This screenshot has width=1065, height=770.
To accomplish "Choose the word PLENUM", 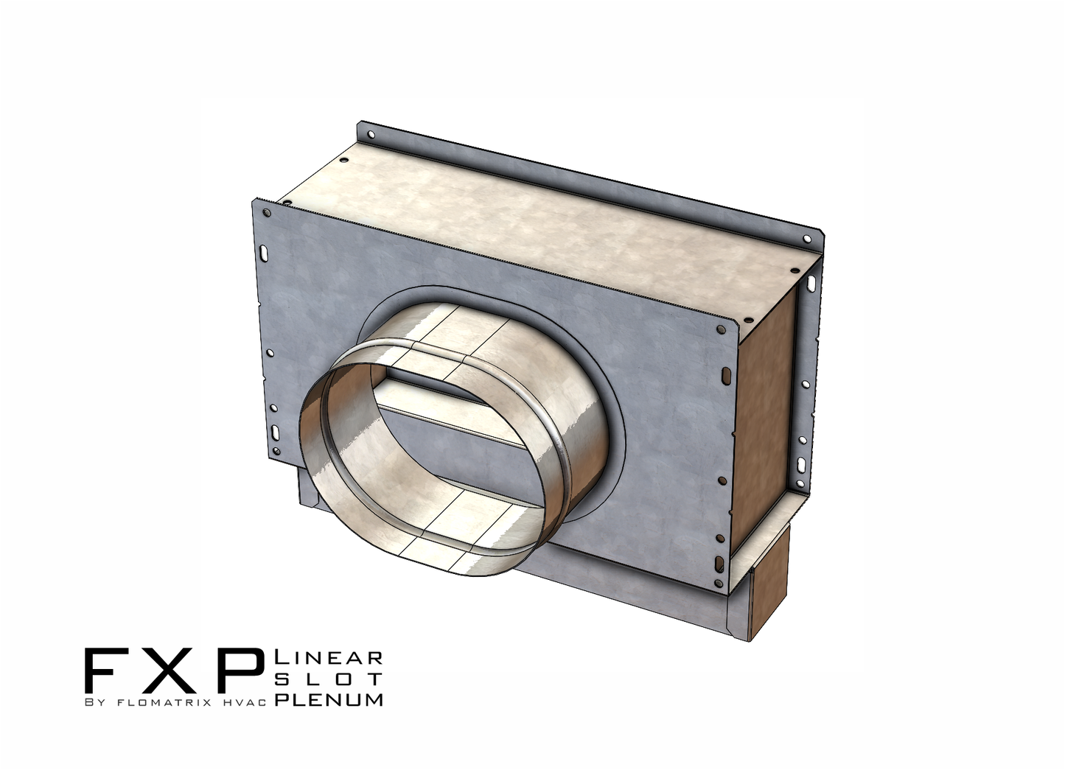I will pyautogui.click(x=329, y=699).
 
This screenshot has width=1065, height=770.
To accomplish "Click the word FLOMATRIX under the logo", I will pyautogui.click(x=156, y=702).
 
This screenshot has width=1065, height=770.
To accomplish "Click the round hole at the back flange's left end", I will pyautogui.click(x=370, y=135).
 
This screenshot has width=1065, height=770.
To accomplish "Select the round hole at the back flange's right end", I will pyautogui.click(x=807, y=239).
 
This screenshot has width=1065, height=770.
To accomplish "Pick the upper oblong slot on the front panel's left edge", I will pyautogui.click(x=263, y=252).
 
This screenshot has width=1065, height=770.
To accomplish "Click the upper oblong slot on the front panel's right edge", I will pyautogui.click(x=727, y=377).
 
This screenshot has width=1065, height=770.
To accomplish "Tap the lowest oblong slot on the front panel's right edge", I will pyautogui.click(x=719, y=564).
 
